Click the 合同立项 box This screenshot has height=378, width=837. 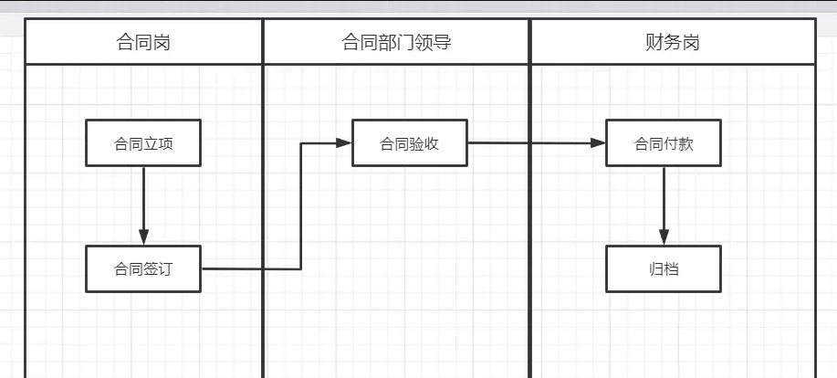pos(143,143)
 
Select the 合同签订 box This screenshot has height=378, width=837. pos(143,268)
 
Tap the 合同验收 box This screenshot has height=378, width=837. pos(410,143)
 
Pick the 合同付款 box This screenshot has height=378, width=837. pos(664,143)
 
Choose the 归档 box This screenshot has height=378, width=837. pos(664,268)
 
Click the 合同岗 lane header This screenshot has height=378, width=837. pos(144,42)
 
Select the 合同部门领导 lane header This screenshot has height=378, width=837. pos(396,42)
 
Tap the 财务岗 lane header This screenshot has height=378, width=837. pos(672,42)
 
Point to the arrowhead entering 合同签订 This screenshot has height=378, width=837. pos(143,237)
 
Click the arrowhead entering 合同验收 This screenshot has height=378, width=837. pos(344,142)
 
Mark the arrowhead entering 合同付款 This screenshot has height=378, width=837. pos(598,143)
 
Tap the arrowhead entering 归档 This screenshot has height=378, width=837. pos(664,237)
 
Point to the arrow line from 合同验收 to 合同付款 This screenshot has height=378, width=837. pos(534,143)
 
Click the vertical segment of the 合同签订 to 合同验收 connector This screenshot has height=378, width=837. pos(301,205)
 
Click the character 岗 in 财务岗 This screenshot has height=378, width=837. pos(691,42)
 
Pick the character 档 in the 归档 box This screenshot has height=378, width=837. pos(672,269)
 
